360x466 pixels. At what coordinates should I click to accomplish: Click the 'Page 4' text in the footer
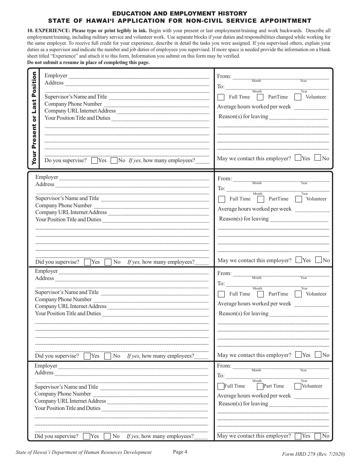coord(180,451)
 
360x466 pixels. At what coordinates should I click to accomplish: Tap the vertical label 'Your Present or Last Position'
coord(34,118)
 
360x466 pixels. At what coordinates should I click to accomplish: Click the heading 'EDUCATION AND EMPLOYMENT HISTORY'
coord(180,14)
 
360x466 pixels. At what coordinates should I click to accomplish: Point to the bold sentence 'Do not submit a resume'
coord(88,63)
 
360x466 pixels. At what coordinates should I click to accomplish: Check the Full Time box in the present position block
coord(221,97)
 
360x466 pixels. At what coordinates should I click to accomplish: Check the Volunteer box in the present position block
coord(298,97)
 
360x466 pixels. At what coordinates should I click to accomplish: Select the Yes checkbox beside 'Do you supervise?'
coord(95,161)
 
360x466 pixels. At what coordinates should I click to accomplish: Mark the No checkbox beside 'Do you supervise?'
coord(114,161)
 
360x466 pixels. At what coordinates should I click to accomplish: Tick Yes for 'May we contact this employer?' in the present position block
coord(298,158)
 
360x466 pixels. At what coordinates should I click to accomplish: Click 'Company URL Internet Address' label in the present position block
coord(80,111)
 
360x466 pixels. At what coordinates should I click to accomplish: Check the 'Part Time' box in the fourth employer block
coord(260,386)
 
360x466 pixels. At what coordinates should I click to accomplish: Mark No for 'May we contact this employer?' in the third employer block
coord(318,355)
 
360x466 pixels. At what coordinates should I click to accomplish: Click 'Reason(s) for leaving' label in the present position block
coord(243,117)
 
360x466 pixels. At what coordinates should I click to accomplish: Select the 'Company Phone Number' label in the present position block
coord(73,104)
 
